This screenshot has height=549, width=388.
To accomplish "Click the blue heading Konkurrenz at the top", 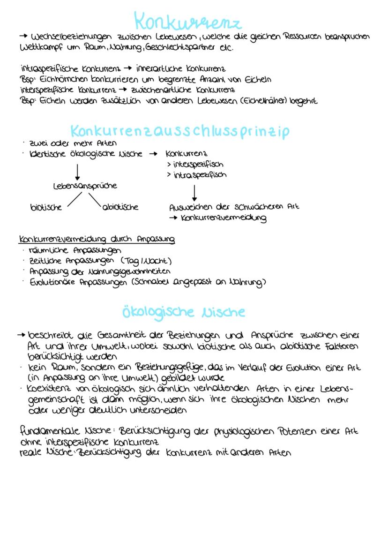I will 187,22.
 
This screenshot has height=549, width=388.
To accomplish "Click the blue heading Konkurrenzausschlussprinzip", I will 179,131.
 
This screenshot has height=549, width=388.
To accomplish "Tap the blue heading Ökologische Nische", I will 183,312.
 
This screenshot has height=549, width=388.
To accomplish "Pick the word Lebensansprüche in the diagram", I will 85,186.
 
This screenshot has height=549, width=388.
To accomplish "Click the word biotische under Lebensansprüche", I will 45,207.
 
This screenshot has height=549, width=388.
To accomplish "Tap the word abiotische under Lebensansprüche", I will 120,207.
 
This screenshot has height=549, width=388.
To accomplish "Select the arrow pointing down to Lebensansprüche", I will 78,171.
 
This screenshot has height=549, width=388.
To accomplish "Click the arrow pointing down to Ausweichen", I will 194,193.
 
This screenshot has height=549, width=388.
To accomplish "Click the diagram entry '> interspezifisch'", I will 195,165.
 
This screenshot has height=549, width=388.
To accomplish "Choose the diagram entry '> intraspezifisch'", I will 196,175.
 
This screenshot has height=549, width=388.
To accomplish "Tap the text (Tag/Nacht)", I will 146,261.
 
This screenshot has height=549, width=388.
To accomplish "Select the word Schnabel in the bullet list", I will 153,282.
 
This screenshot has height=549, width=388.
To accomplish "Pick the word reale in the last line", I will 30,453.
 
